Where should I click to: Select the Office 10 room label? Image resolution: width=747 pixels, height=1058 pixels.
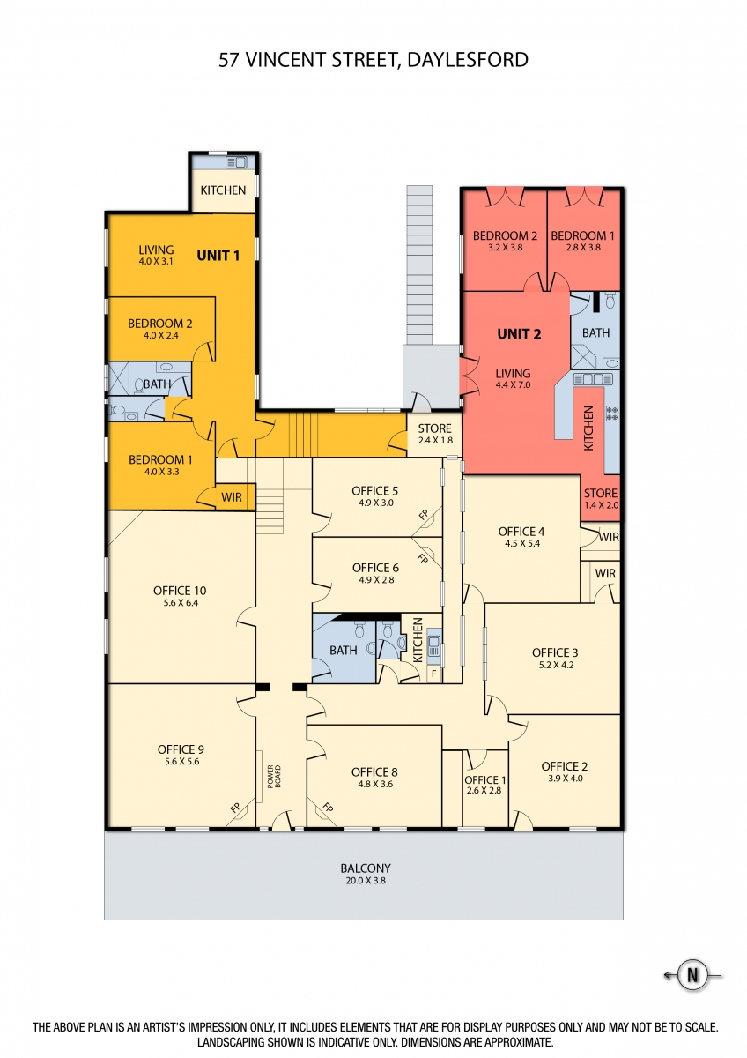180,591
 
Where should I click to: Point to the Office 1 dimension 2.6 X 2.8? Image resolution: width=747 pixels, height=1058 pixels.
484,790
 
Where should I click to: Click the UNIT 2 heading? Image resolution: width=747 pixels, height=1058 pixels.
519,334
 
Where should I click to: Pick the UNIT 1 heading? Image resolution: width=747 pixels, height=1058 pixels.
218,256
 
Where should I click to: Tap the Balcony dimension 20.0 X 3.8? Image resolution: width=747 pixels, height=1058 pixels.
366,881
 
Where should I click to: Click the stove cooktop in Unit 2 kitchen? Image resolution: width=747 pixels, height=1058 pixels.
612,414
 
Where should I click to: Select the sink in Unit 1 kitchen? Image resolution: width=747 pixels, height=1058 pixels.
236,163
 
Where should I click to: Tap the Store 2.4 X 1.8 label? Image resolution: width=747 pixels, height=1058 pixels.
434,434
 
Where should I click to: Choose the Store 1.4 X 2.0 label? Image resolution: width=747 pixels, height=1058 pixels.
601,499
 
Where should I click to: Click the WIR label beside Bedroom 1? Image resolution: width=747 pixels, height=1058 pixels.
231,497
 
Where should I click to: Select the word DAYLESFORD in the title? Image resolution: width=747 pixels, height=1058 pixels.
467,60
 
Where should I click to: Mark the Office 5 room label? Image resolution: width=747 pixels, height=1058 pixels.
374,491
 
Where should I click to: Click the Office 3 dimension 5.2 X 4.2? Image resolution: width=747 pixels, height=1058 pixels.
556,665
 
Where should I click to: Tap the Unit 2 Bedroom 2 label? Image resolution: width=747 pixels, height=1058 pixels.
505,235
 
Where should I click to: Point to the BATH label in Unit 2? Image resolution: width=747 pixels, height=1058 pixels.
595,333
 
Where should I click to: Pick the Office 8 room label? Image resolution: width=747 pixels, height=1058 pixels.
374,772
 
